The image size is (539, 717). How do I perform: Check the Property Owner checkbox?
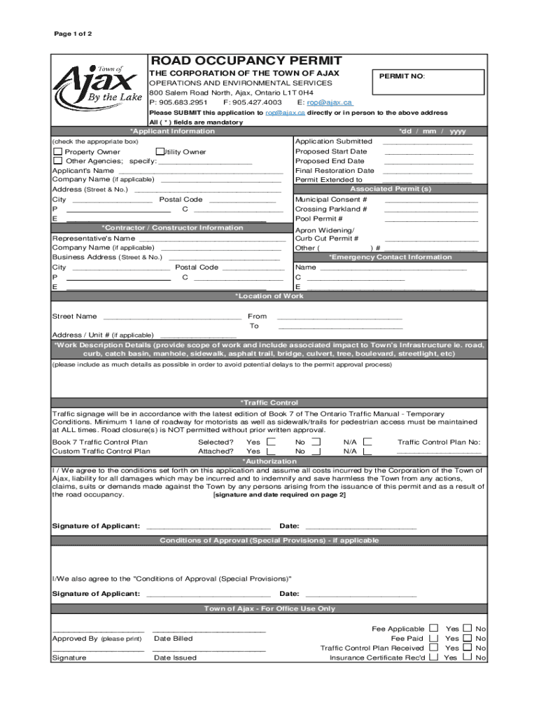tap(58, 152)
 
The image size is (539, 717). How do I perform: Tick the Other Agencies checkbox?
tap(58, 161)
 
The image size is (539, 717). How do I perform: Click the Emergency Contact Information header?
tap(390, 257)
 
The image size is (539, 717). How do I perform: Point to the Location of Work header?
tap(269, 296)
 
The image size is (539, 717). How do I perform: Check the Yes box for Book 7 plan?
tap(272, 442)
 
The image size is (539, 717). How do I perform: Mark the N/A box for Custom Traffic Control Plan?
tap(367, 452)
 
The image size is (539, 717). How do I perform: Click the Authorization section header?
tap(269, 461)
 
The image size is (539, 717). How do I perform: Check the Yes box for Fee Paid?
tap(434, 638)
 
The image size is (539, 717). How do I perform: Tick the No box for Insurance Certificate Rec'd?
tap(467, 657)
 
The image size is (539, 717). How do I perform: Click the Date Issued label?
tap(175, 657)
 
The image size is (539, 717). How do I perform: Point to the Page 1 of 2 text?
tap(73, 34)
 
